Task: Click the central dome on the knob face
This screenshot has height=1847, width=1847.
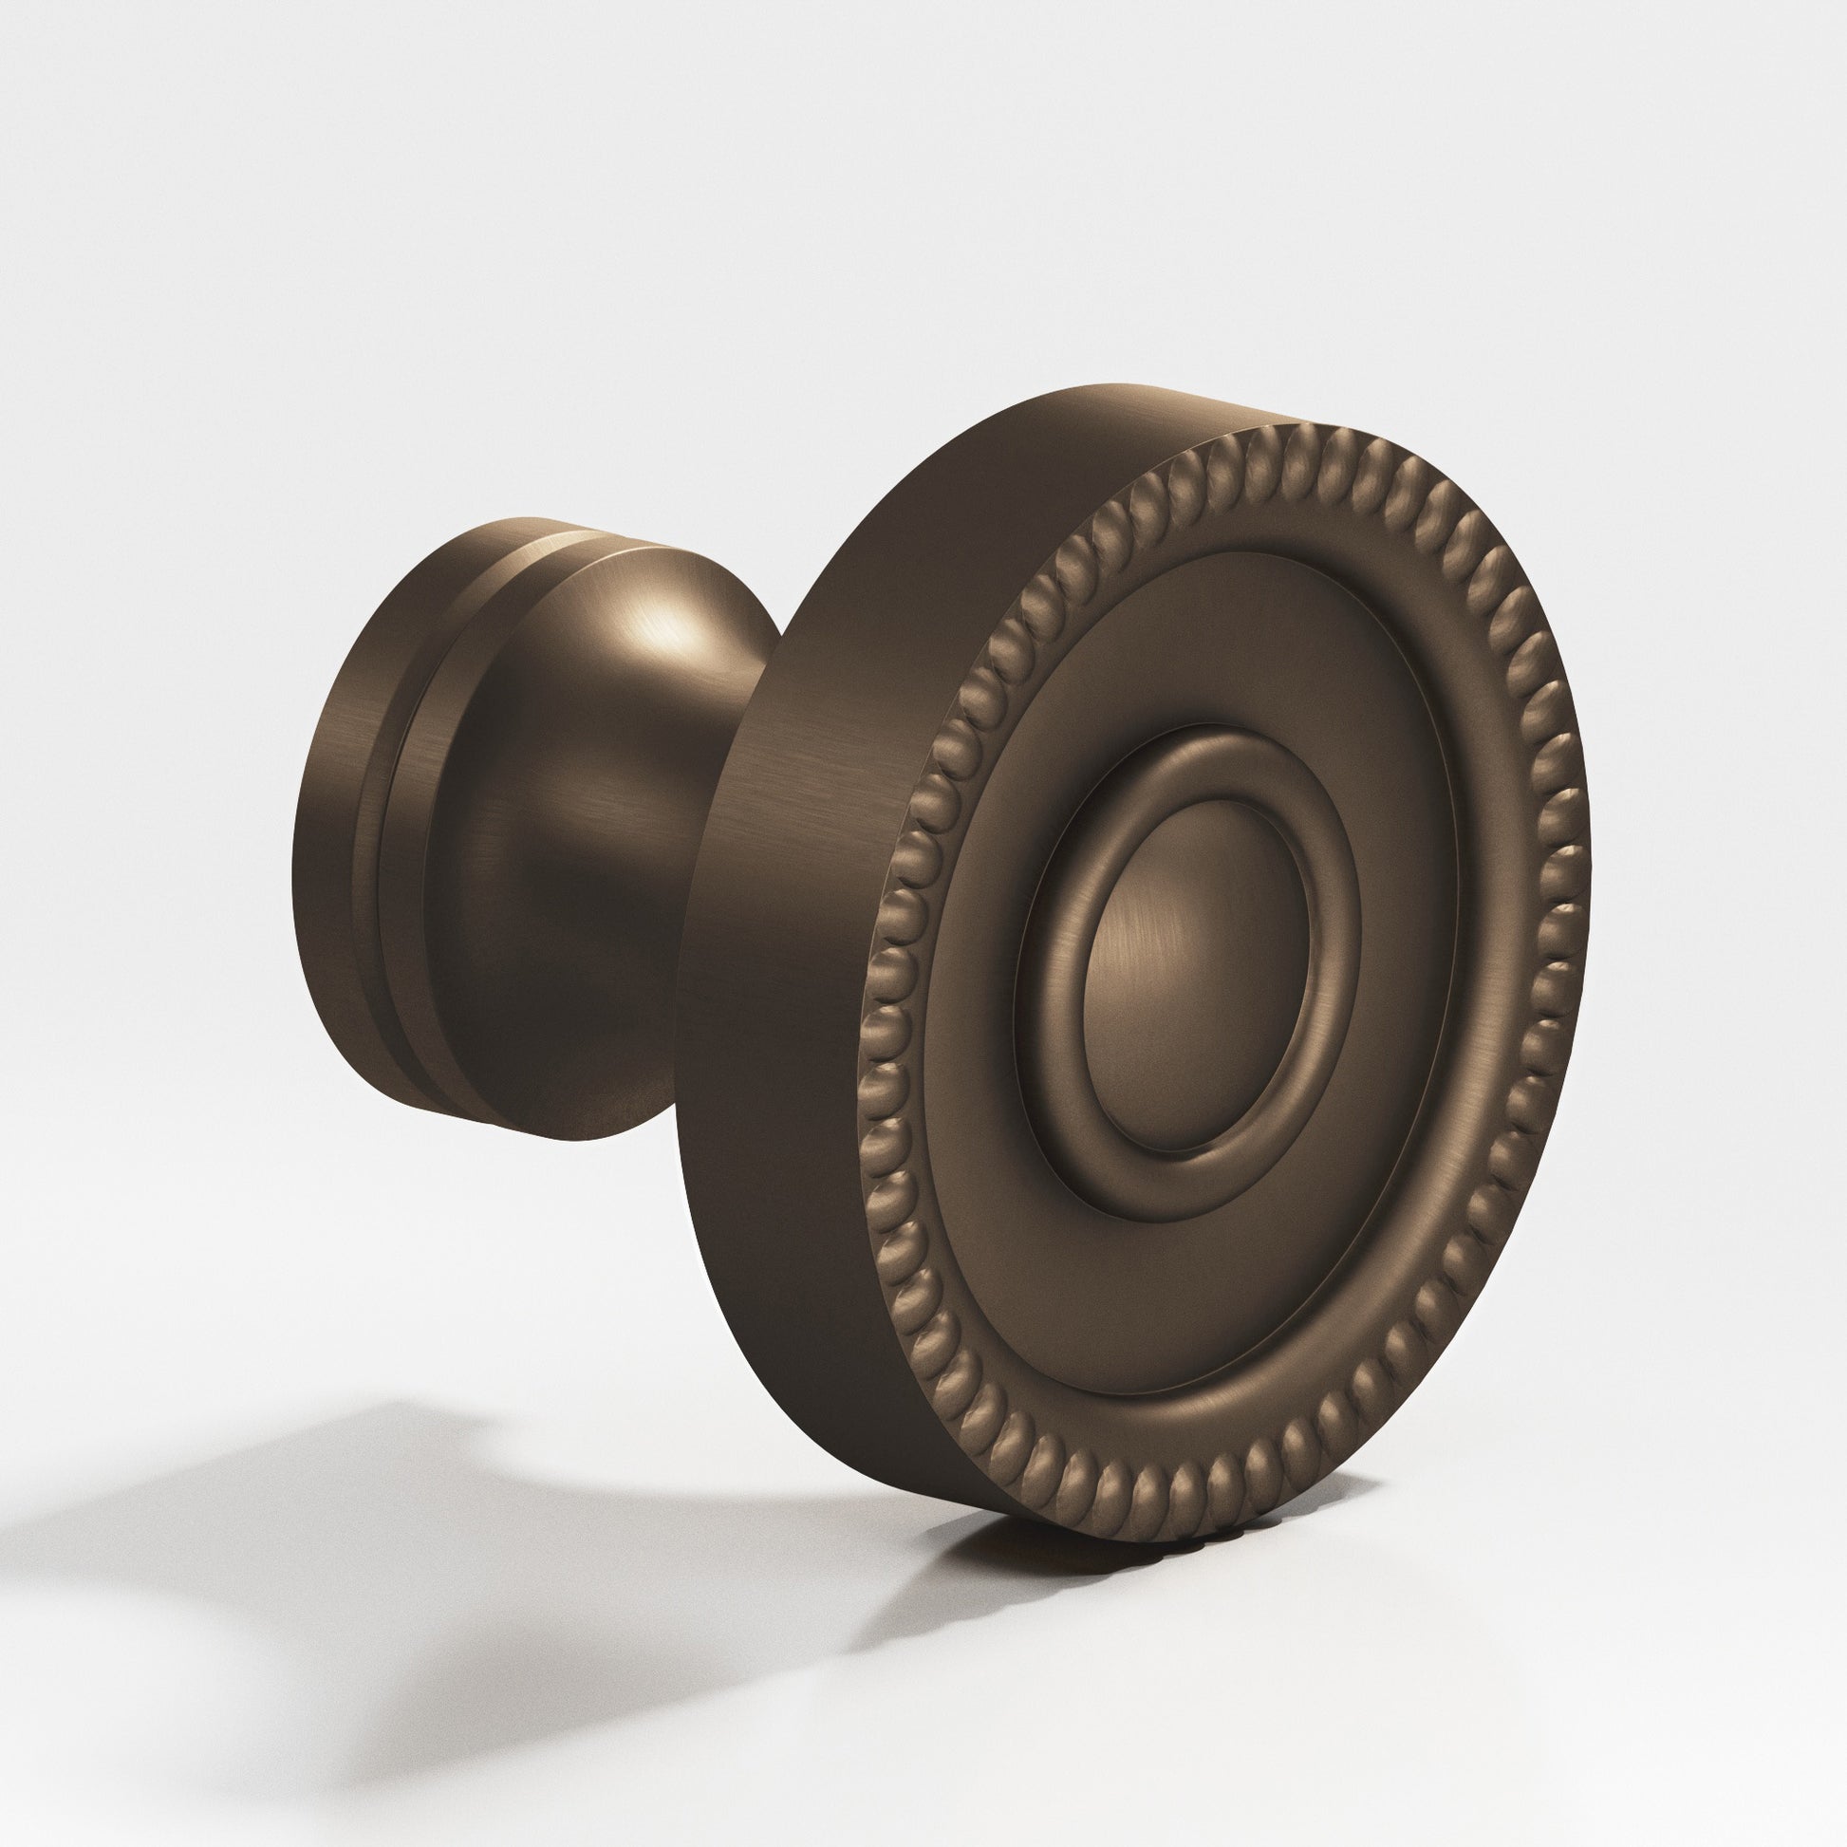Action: point(1195,975)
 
